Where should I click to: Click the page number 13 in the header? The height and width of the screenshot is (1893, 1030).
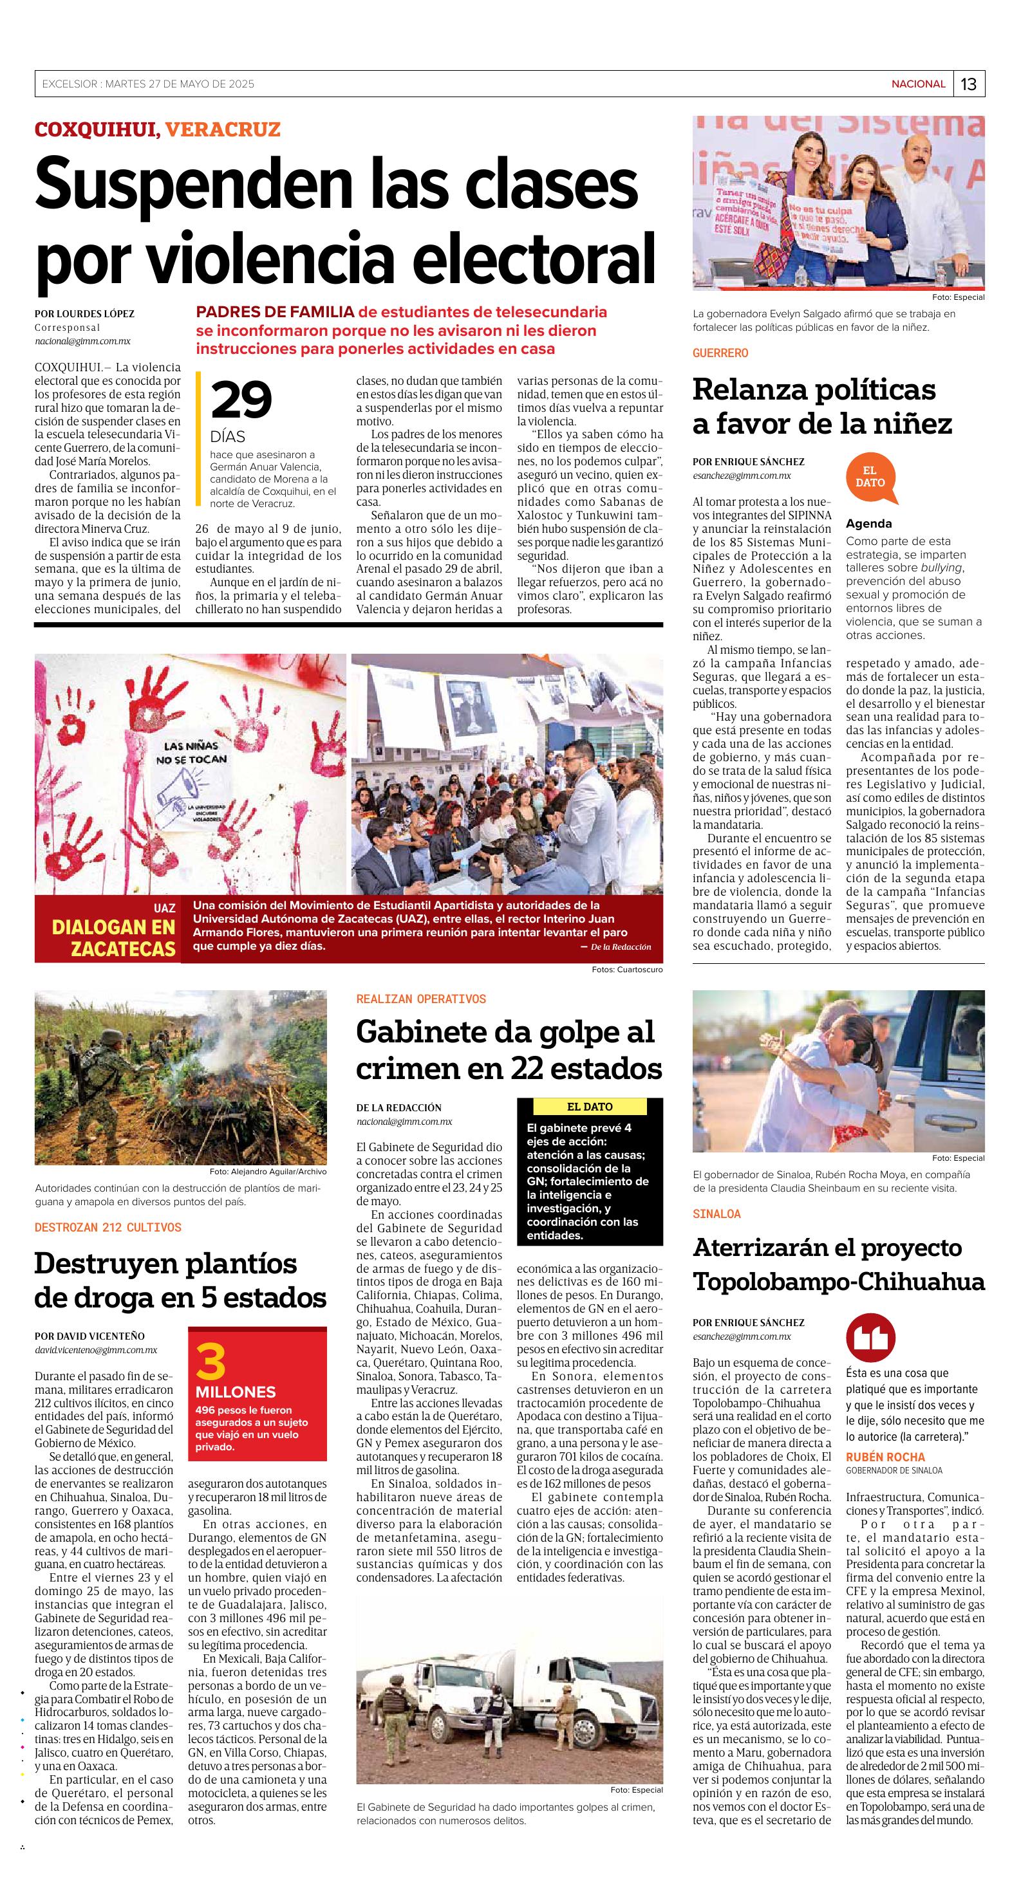click(968, 84)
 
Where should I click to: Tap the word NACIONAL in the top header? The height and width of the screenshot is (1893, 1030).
click(917, 84)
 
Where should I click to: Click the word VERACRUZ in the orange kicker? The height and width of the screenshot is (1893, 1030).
click(223, 130)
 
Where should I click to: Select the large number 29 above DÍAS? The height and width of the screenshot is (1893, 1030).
click(241, 400)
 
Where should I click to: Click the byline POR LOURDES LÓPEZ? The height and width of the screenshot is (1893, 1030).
click(84, 314)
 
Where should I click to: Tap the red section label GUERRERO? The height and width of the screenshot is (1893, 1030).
click(720, 353)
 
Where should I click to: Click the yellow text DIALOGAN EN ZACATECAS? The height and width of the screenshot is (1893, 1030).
click(113, 937)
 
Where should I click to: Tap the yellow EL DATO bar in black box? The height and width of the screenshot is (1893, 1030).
click(590, 1107)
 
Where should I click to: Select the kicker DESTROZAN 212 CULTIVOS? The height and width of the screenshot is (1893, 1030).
click(108, 1227)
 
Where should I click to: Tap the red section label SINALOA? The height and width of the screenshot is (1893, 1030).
click(716, 1214)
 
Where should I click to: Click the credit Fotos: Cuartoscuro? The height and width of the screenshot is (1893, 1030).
click(626, 969)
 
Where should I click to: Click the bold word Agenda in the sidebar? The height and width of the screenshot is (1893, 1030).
click(868, 524)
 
